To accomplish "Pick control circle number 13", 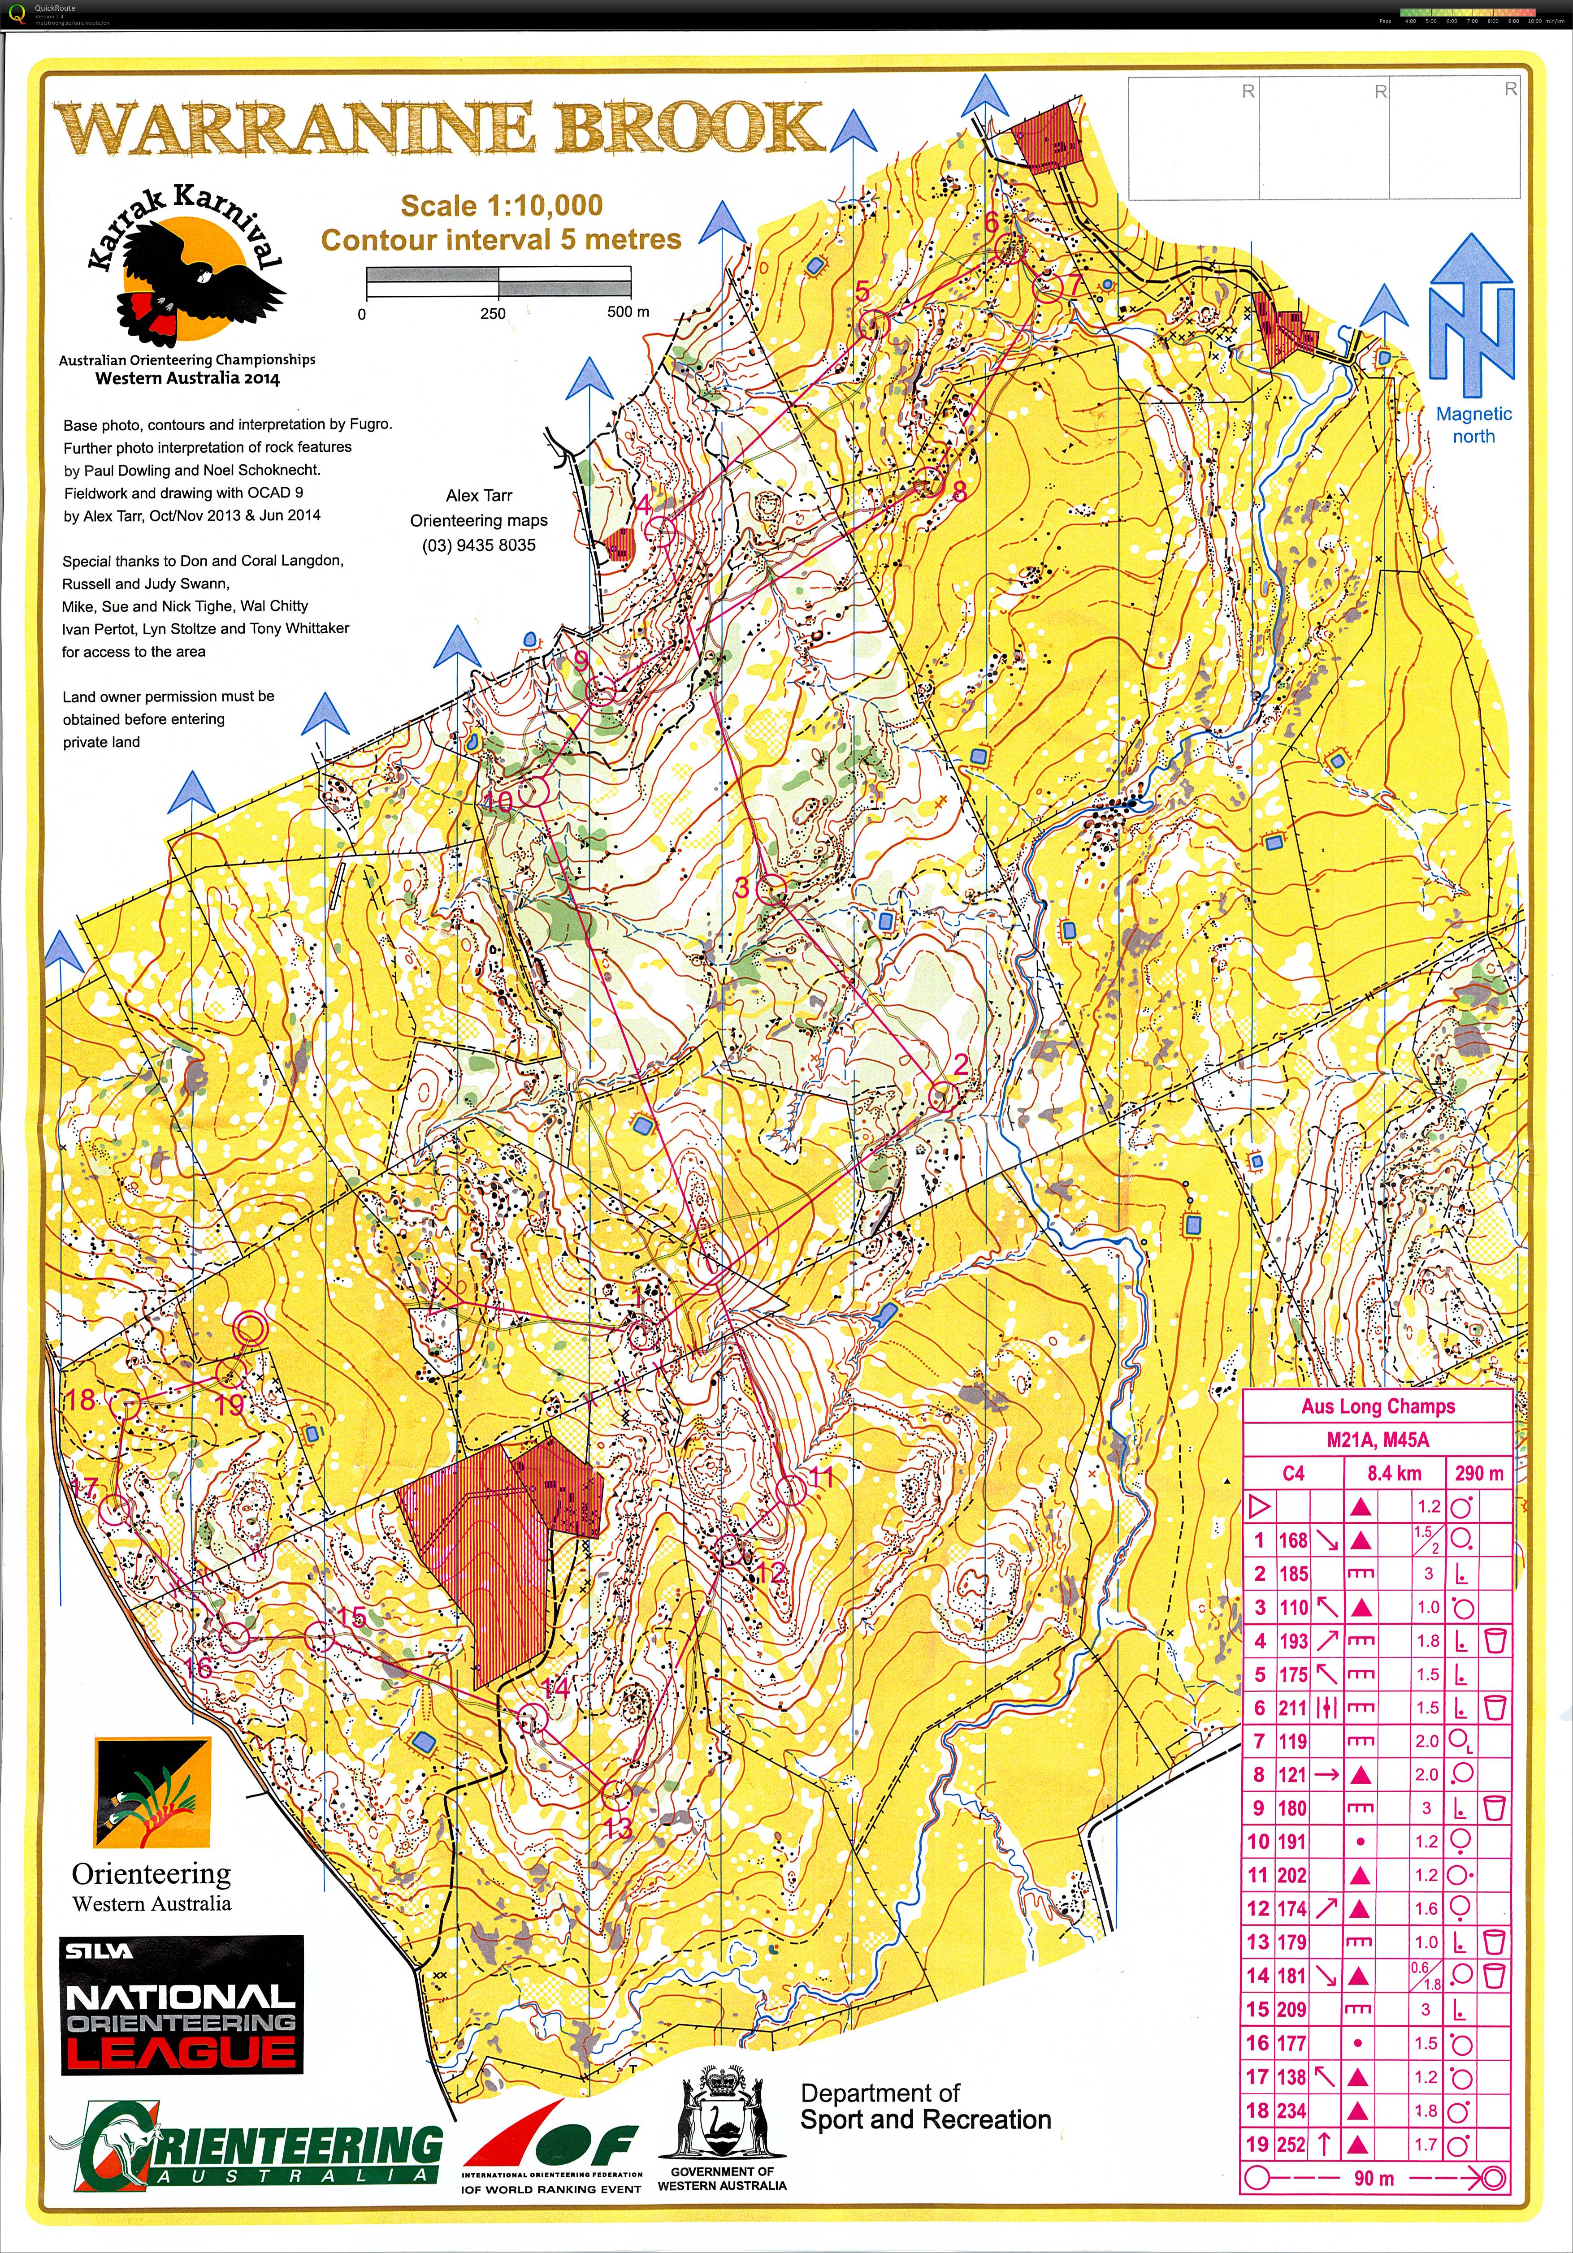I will (615, 1795).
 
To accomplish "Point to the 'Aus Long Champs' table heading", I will (1378, 1406).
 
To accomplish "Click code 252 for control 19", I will (1292, 2144).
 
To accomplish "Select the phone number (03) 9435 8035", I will (479, 545).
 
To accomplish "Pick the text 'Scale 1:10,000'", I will (502, 206).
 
